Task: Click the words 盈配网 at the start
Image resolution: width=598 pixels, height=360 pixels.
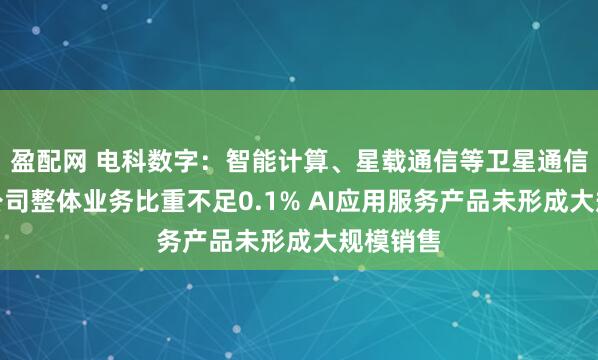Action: [x=46, y=155]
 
